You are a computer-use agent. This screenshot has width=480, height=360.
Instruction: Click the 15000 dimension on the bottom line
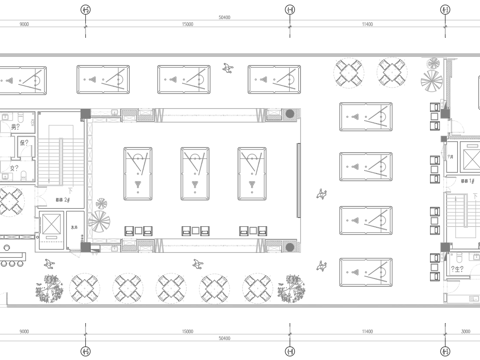(x=187, y=332)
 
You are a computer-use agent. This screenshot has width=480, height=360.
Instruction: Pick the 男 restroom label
(x=15, y=127)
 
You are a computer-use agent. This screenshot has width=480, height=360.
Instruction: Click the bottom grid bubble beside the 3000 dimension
(x=444, y=349)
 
